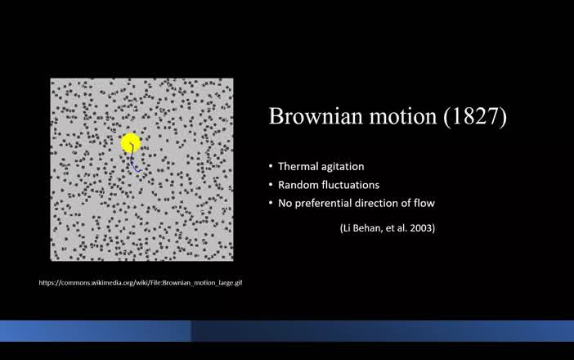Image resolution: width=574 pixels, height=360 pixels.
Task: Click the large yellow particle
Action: (x=131, y=144)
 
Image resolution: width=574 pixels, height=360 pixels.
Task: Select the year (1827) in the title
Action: (x=476, y=116)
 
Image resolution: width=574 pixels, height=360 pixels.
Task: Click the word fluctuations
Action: (x=352, y=185)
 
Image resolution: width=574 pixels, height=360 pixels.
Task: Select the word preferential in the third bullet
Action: (x=325, y=203)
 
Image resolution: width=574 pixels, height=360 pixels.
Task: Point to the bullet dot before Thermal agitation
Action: (x=271, y=166)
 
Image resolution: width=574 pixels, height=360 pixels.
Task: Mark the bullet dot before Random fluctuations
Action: (x=271, y=185)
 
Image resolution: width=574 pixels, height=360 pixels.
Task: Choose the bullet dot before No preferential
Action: (x=271, y=203)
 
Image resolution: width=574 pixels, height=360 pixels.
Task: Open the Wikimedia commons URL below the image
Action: (x=141, y=283)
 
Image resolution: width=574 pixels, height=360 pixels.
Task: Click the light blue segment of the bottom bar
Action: (x=95, y=331)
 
